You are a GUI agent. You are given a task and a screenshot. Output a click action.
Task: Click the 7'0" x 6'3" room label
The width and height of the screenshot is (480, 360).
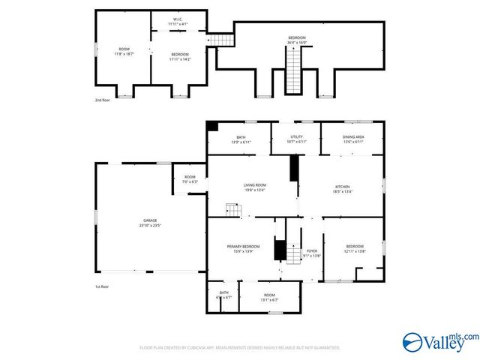tap(190, 179)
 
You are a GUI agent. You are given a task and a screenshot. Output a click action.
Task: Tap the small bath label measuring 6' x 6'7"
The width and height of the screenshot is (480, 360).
tap(224, 295)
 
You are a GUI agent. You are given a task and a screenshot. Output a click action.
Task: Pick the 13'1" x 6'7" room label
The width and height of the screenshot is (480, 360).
tap(269, 298)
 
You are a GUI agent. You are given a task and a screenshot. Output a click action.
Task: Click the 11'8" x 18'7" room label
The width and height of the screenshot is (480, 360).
tap(124, 52)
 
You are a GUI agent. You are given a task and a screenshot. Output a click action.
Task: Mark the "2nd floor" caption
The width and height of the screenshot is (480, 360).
tap(103, 100)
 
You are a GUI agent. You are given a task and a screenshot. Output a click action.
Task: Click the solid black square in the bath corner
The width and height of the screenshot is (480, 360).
tap(213, 127)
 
